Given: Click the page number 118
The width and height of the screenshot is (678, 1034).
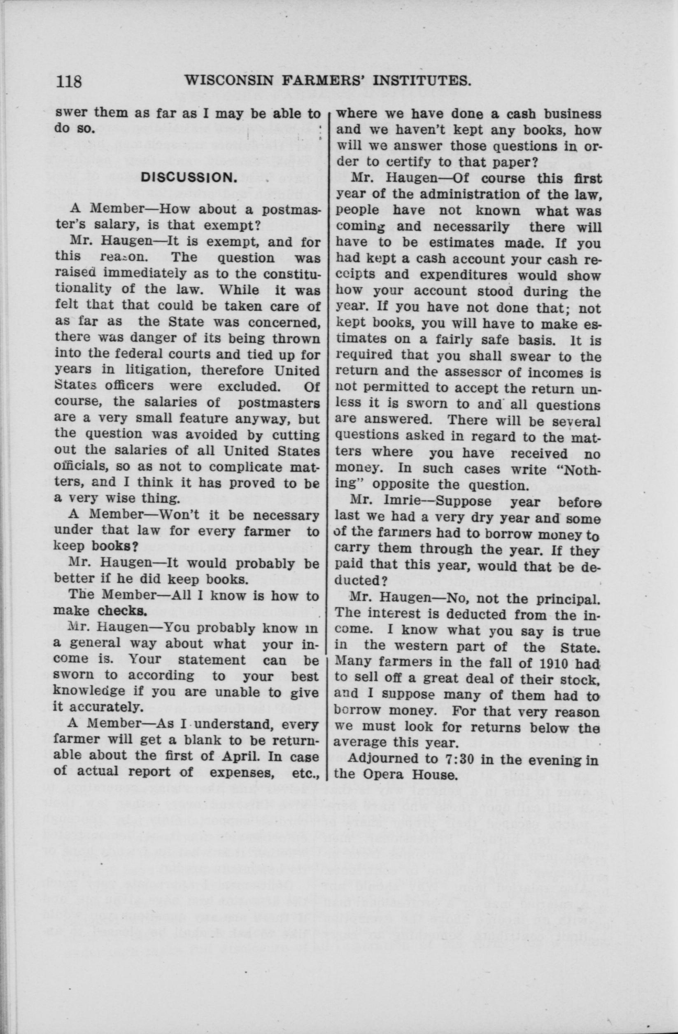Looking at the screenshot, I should click(x=69, y=81).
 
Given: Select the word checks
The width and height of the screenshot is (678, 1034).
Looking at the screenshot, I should click(x=121, y=611).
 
